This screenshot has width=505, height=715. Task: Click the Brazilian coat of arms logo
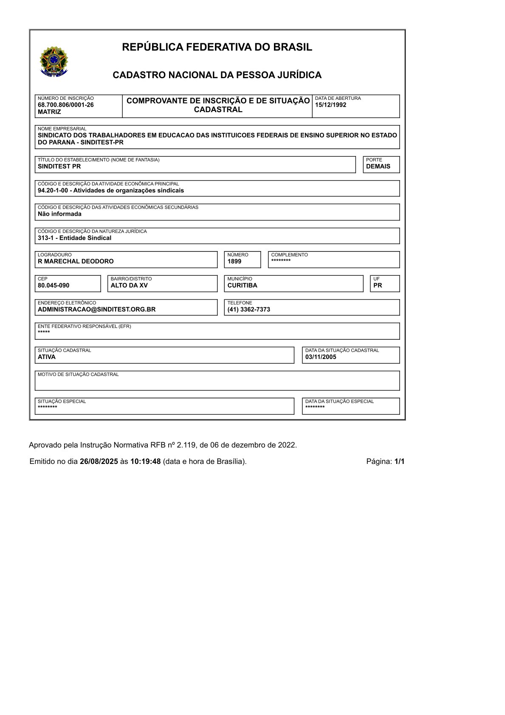[x=54, y=61]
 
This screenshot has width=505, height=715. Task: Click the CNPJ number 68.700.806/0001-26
[x=66, y=105]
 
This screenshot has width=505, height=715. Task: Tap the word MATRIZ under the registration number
[x=49, y=112]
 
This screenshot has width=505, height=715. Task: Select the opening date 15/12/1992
[x=330, y=105]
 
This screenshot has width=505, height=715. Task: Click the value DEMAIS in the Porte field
[x=378, y=167]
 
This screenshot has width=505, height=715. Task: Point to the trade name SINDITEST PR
[x=59, y=167]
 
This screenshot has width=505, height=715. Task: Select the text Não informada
[x=59, y=214]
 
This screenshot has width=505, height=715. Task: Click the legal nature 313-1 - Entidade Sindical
[x=74, y=238]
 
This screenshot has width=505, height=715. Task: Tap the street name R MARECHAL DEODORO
[x=76, y=261]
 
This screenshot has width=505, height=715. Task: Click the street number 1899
[x=234, y=261]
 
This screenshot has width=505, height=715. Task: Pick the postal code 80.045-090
[x=54, y=285]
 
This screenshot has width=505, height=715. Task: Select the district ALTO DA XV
[x=129, y=285]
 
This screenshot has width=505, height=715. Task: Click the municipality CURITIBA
[x=242, y=285]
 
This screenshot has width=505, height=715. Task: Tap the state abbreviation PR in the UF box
[x=378, y=285]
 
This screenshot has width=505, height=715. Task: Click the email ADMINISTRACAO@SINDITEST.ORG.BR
[x=96, y=309]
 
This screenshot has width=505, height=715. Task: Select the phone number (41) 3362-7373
[x=248, y=309]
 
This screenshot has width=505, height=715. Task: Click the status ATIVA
[x=47, y=357]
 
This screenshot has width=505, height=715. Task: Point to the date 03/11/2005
[x=320, y=357]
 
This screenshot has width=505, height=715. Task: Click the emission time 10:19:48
[x=145, y=461]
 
